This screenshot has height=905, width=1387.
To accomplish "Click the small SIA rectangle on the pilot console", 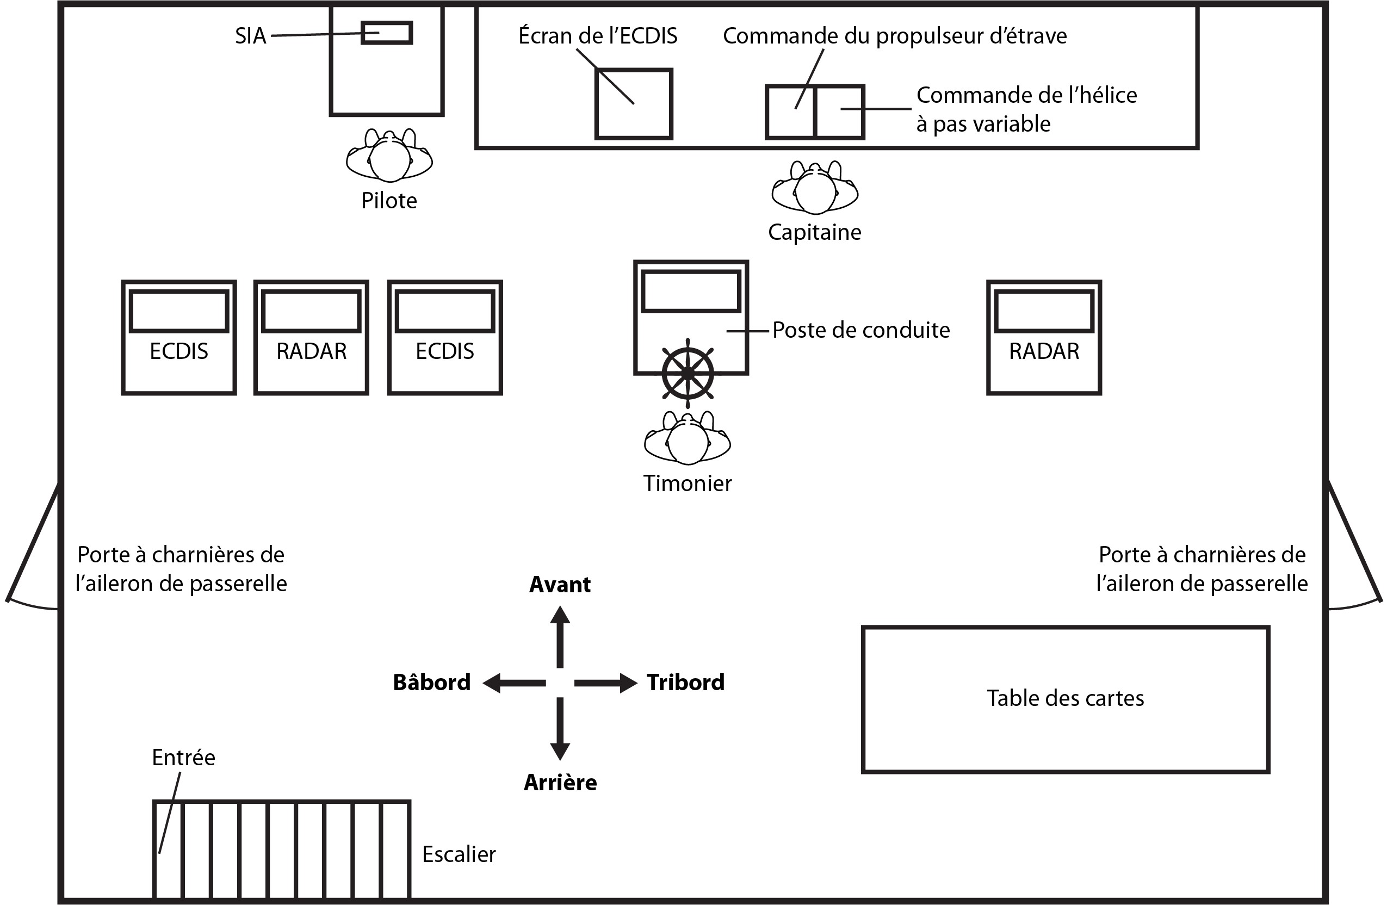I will tap(386, 33).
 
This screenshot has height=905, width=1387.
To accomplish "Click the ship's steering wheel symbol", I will tap(688, 374).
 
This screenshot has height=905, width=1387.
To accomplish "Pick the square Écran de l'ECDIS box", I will tap(634, 104).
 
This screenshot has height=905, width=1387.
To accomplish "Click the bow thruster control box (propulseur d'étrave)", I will tap(790, 112).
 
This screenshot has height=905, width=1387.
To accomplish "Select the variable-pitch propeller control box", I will tap(839, 112).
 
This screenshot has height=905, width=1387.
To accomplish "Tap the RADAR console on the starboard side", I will tap(1044, 337).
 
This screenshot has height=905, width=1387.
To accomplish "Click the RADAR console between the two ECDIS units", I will tap(311, 337).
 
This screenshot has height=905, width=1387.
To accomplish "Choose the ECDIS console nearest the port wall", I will tap(179, 337).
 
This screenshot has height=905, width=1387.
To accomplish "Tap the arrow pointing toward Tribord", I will tap(606, 683).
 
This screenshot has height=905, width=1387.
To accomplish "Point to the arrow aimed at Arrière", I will tap(560, 729).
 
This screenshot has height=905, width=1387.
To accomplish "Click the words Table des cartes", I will tap(1066, 698).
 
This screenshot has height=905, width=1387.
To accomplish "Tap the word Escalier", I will tap(459, 854).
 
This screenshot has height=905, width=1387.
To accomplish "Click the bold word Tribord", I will tap(685, 683).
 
